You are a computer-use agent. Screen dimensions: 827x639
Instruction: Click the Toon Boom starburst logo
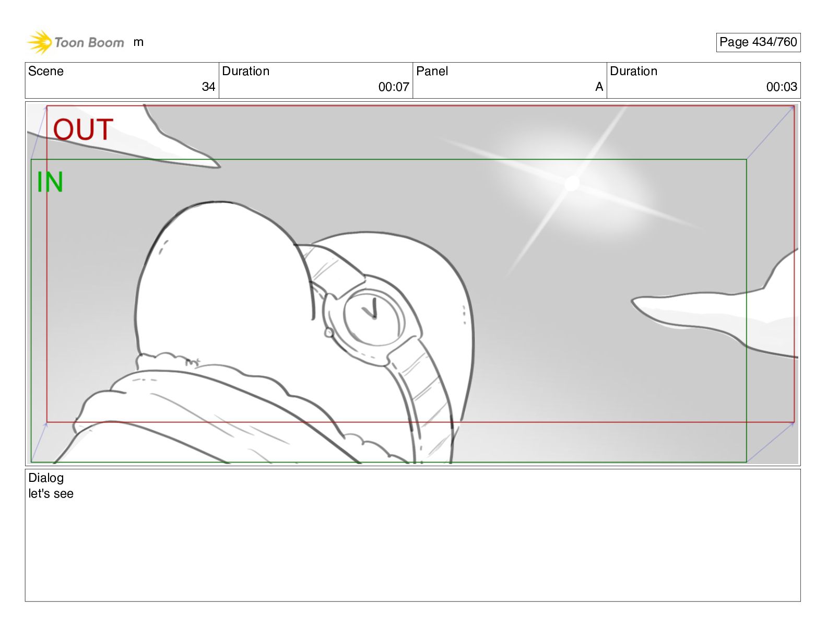pyautogui.click(x=40, y=42)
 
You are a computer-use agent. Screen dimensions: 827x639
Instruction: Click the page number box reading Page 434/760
pyautogui.click(x=758, y=42)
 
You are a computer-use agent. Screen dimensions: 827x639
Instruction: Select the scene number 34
pyautogui.click(x=208, y=87)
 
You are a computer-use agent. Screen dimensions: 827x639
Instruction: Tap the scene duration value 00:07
pyautogui.click(x=394, y=87)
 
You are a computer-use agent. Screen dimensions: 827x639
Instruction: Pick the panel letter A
pyautogui.click(x=599, y=87)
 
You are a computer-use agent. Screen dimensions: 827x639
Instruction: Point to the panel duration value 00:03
pyautogui.click(x=782, y=87)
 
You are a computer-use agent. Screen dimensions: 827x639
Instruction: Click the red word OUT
pyautogui.click(x=83, y=129)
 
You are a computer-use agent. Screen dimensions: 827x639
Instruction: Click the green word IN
pyautogui.click(x=50, y=182)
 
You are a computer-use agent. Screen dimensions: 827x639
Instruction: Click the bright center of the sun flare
pyautogui.click(x=572, y=183)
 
